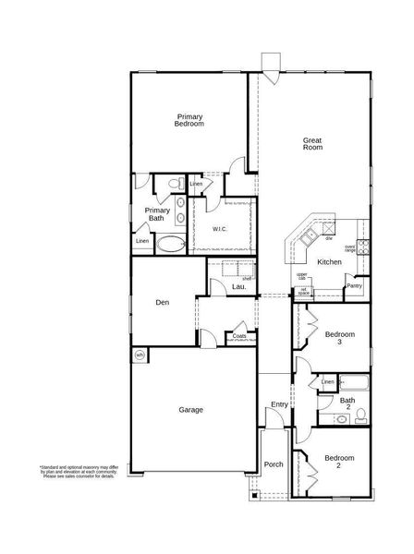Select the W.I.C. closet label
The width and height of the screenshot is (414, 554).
pos(220,228)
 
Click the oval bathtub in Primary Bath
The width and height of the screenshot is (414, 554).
pos(169,245)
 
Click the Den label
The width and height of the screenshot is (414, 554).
pos(162,301)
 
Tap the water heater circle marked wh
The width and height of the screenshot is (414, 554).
pos(140,354)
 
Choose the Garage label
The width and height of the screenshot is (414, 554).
pos(190,409)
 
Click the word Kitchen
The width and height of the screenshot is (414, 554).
pos(330,262)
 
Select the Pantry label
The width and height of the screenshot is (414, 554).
pos(354,286)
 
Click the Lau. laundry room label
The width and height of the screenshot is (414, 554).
pos(238,287)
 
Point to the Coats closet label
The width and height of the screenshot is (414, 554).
pos(239,336)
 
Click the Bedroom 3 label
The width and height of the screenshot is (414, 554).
pos(339,337)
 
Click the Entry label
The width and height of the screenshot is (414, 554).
pos(279,404)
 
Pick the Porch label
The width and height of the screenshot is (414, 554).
pos(274,464)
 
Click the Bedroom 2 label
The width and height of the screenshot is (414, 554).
pos(339,461)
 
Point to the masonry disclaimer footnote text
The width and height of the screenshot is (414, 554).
pos(78,473)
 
